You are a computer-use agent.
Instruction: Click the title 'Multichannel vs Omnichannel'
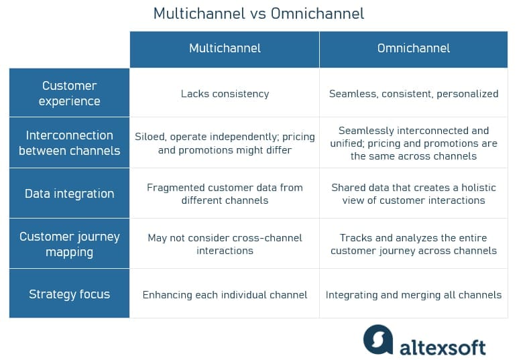click(259, 13)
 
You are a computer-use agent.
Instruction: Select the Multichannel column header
click(225, 48)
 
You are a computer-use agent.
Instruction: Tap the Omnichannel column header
click(414, 48)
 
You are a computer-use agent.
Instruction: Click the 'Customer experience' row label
click(69, 93)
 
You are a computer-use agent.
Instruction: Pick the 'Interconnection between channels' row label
click(69, 143)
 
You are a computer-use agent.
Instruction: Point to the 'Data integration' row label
click(69, 194)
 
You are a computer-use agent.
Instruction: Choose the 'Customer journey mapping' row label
click(69, 244)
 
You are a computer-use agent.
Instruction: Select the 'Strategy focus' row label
click(69, 294)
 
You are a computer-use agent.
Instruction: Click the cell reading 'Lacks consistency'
click(225, 94)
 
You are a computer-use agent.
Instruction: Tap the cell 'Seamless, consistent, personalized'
click(414, 94)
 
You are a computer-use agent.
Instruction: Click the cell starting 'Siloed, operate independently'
click(225, 143)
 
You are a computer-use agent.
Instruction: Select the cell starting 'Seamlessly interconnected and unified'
click(414, 143)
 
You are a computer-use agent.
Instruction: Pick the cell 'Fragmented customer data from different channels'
click(225, 194)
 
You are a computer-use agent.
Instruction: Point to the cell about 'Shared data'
click(414, 194)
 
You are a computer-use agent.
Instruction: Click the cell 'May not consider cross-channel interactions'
click(225, 244)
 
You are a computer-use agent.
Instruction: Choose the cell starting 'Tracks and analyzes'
click(414, 244)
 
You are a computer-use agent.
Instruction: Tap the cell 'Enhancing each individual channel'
click(225, 294)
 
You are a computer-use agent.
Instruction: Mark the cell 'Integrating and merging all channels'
click(414, 294)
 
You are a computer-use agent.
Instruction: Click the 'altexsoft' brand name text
click(443, 346)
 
